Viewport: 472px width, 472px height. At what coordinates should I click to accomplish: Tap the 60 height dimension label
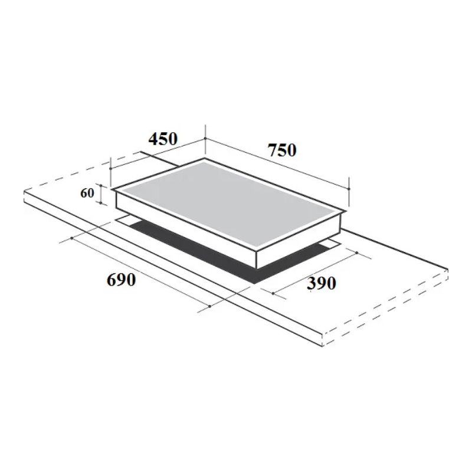click(88, 194)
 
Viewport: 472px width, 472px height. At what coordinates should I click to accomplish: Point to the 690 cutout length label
click(122, 280)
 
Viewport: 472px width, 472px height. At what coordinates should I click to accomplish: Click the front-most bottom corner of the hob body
click(257, 267)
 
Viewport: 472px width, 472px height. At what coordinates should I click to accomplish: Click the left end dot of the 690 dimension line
click(71, 238)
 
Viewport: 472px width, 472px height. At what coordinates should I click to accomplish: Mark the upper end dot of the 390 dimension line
click(358, 252)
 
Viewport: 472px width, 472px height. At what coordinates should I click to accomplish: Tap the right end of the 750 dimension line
click(349, 188)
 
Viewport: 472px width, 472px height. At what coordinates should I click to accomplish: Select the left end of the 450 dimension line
click(111, 167)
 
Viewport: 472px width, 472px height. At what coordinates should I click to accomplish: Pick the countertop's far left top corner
click(24, 191)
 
